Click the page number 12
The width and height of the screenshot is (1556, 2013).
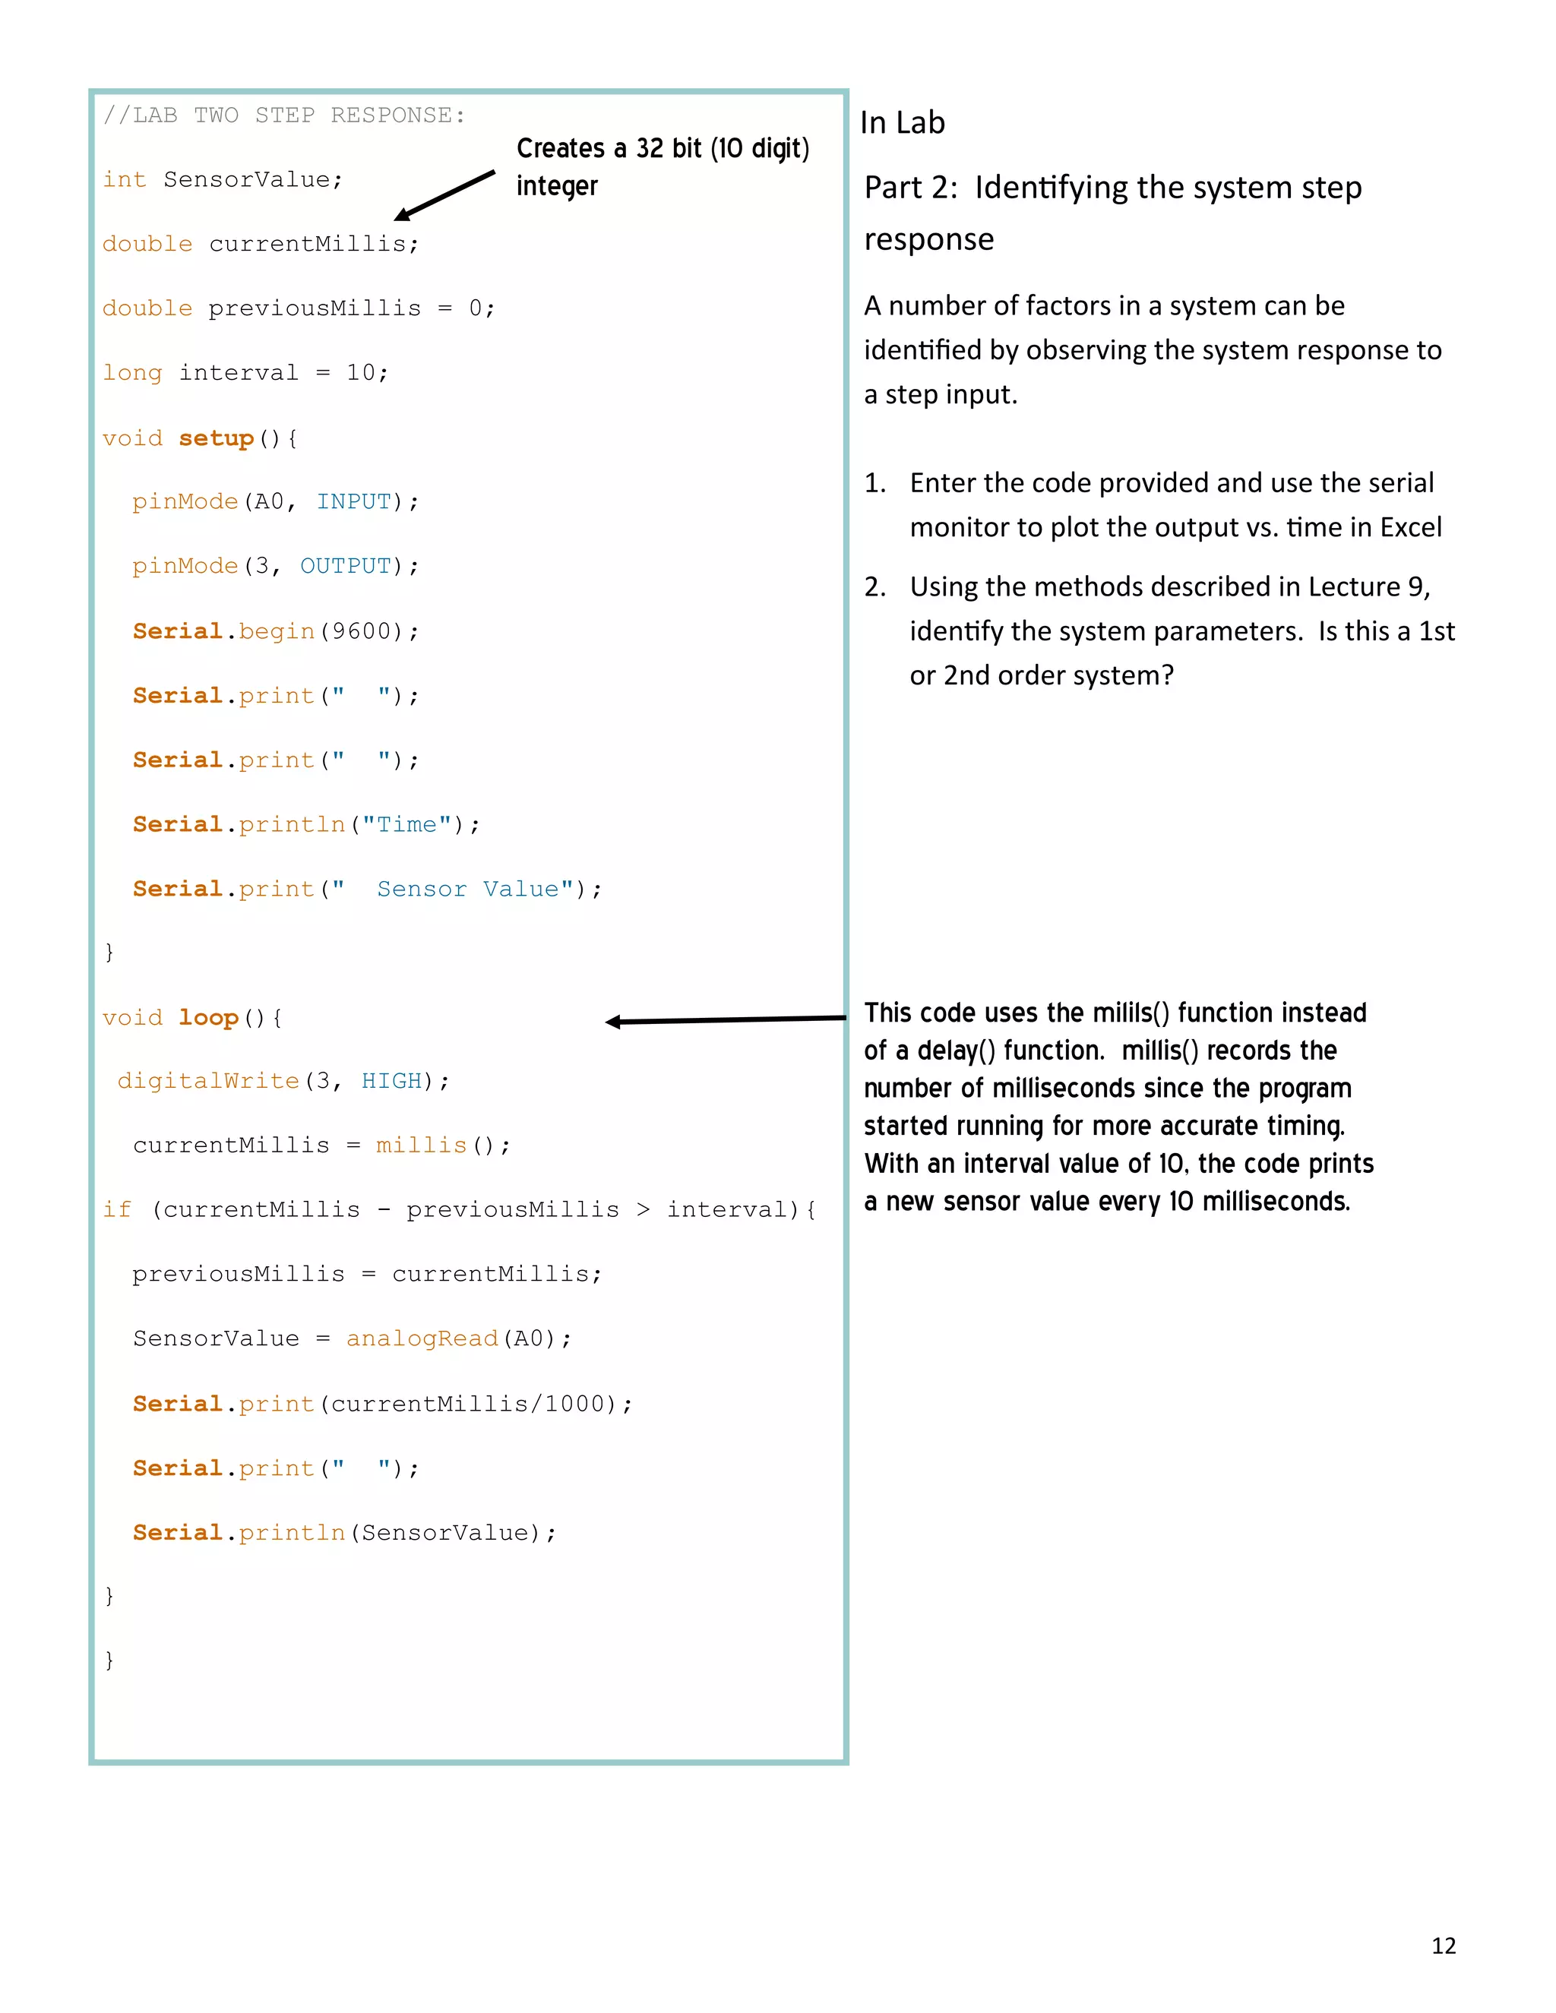[1443, 1945]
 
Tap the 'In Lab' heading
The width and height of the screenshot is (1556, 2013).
[902, 122]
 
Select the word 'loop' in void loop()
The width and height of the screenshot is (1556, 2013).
[208, 1018]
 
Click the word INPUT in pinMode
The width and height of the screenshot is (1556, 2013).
[354, 501]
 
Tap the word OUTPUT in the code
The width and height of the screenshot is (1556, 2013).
[346, 566]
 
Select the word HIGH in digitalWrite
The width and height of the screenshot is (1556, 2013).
[391, 1080]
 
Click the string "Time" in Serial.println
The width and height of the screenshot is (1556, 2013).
[406, 824]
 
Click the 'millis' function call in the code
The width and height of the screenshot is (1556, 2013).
[420, 1145]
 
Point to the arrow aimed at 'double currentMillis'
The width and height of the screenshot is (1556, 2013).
[444, 195]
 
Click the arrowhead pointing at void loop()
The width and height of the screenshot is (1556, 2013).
[614, 1021]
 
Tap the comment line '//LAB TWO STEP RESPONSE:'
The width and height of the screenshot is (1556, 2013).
[284, 115]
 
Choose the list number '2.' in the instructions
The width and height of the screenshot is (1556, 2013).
[874, 586]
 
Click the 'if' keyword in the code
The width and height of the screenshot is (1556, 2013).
[117, 1209]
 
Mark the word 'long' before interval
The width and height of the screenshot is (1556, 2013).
[131, 372]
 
